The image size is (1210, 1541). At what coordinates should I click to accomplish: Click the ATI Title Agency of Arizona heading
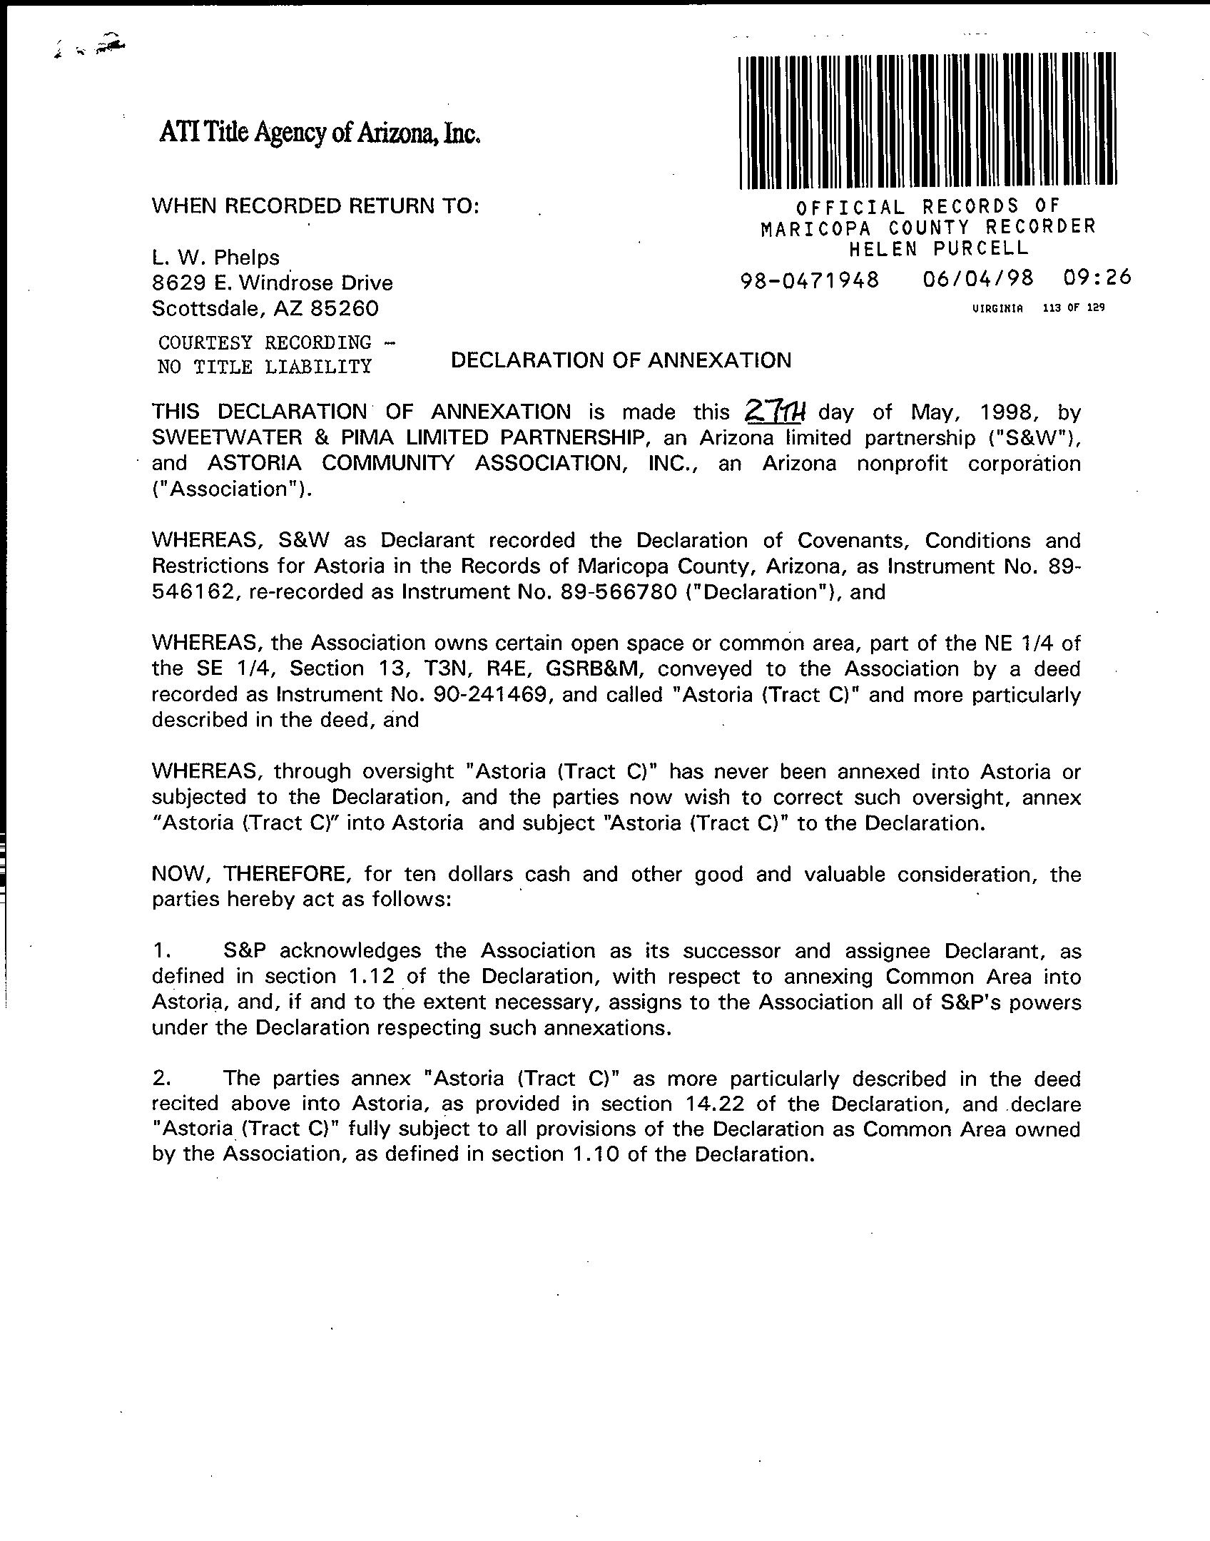click(x=319, y=132)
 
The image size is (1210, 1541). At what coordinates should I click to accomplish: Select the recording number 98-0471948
click(x=810, y=280)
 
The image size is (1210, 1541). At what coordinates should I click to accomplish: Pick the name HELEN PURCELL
click(x=938, y=248)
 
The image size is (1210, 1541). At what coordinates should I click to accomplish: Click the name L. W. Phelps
click(x=215, y=258)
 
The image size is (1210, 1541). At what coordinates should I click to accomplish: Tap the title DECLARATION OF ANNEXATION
click(x=621, y=360)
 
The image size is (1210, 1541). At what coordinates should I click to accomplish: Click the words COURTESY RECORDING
click(x=265, y=343)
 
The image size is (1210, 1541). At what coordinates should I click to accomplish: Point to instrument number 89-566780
click(x=619, y=592)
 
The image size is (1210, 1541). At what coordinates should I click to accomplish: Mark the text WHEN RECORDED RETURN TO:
click(x=315, y=206)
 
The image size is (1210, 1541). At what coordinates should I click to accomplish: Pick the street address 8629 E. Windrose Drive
click(x=273, y=283)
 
